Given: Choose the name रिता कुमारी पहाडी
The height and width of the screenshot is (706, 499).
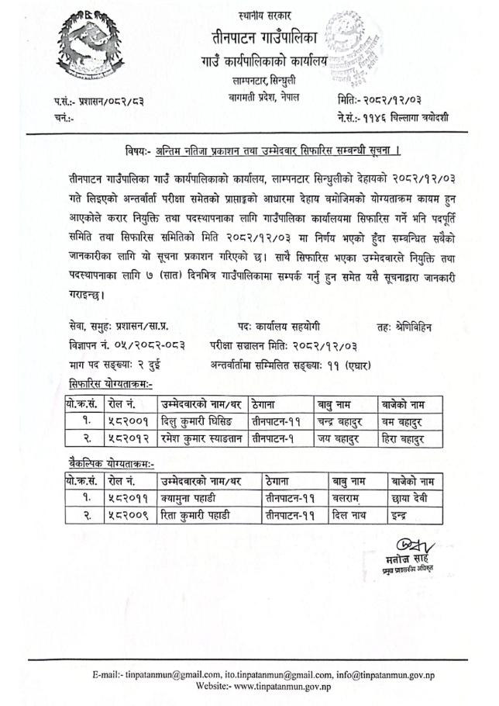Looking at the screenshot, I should (x=194, y=513).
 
